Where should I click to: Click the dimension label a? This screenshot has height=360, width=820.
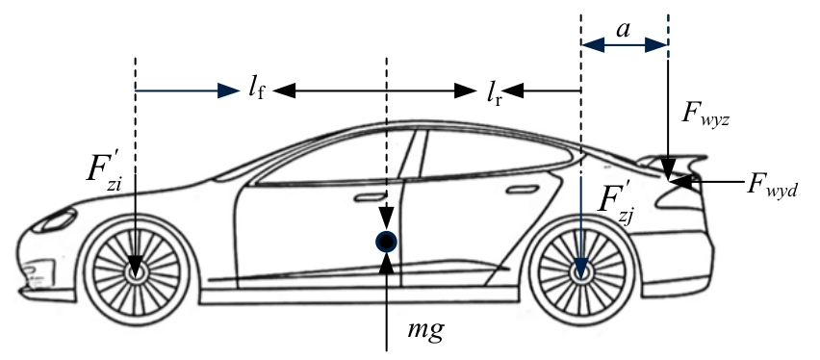[623, 30]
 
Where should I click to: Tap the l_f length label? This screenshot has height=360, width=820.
[256, 91]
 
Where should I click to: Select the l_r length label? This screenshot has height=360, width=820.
[494, 93]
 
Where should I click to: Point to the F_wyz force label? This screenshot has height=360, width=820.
[705, 114]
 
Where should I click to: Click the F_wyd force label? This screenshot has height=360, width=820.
[772, 185]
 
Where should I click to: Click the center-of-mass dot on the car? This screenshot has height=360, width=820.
[387, 242]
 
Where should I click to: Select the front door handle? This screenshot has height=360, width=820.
[369, 196]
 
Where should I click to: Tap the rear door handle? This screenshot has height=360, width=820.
[523, 189]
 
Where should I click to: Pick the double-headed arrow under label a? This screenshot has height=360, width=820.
[625, 45]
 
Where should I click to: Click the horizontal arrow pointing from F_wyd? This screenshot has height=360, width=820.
[706, 182]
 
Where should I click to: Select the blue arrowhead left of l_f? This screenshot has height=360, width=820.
[229, 91]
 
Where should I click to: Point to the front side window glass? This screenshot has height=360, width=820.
[335, 157]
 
